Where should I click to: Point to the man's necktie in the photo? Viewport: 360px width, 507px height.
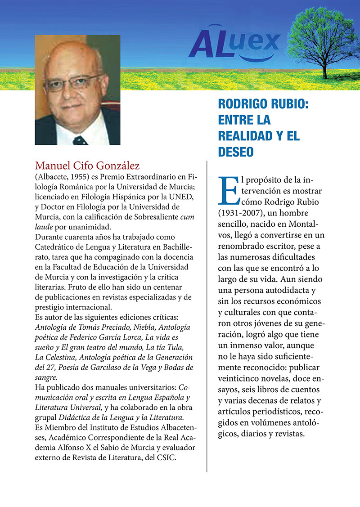tap(80, 140)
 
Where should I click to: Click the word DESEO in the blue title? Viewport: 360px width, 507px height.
tap(236, 152)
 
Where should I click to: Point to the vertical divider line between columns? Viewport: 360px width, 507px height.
tap(207, 315)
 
